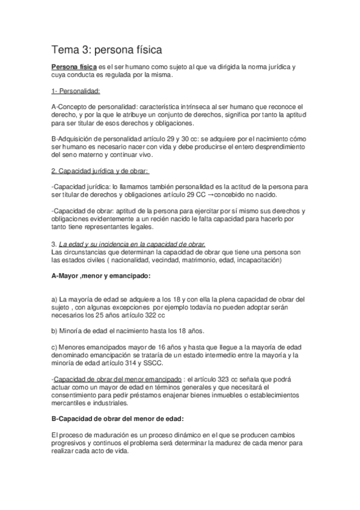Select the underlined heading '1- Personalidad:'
[x=76, y=91]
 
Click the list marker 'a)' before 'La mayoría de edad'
[x=55, y=299]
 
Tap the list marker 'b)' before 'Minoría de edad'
[x=55, y=330]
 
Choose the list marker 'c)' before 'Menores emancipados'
[x=55, y=347]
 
